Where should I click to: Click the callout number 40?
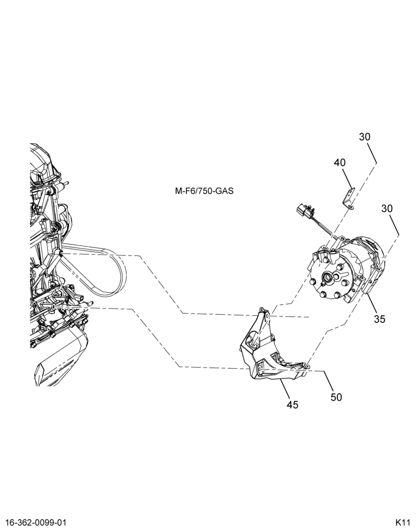pyautogui.click(x=340, y=163)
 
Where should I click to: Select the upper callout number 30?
pyautogui.click(x=365, y=137)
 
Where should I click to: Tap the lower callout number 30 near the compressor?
pyautogui.click(x=387, y=208)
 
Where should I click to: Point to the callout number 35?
pyautogui.click(x=380, y=319)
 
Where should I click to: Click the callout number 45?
pyautogui.click(x=292, y=404)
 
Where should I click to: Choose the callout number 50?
pyautogui.click(x=336, y=397)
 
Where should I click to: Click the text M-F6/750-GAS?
pyautogui.click(x=204, y=191)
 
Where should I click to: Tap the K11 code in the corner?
pyautogui.click(x=402, y=523)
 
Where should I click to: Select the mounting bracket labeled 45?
pyautogui.click(x=271, y=351)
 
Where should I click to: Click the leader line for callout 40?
pyautogui.click(x=348, y=179)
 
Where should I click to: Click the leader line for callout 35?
pyautogui.click(x=373, y=303)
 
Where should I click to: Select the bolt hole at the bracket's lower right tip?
pyautogui.click(x=305, y=365)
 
